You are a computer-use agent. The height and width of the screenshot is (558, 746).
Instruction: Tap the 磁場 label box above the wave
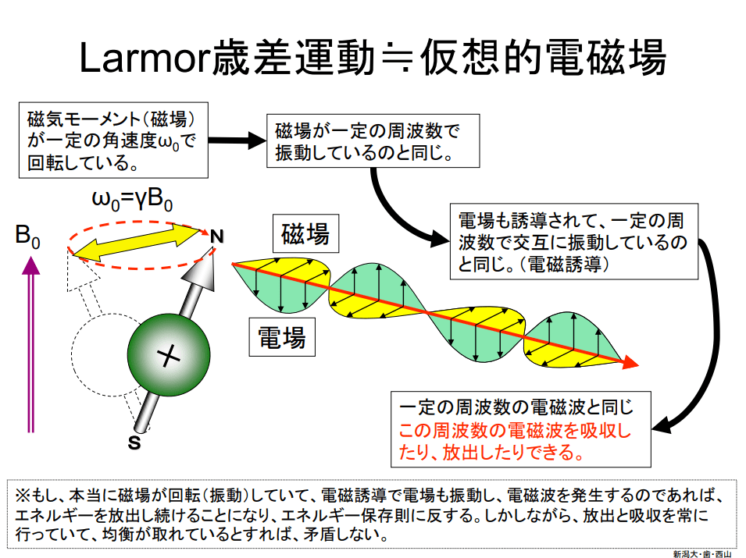pyautogui.click(x=305, y=233)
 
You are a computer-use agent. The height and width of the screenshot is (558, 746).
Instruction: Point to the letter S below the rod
pyautogui.click(x=134, y=443)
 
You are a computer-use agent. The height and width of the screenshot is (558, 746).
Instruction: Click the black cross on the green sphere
pyautogui.click(x=168, y=357)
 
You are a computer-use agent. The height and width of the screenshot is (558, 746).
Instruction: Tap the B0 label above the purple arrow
pyautogui.click(x=27, y=236)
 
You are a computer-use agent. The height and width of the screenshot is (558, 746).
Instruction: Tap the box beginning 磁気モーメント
pyautogui.click(x=112, y=141)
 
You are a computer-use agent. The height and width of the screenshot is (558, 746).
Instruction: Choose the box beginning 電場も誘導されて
pyautogui.click(x=574, y=241)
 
